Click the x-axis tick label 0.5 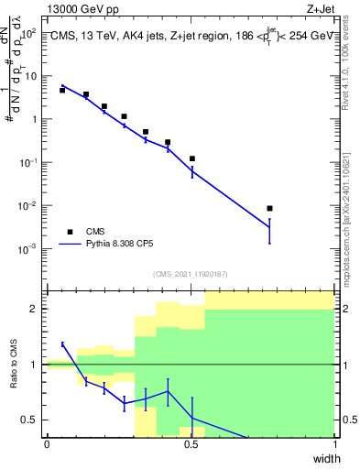click(191, 445)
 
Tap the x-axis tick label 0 click(47, 445)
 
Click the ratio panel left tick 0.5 click(32, 420)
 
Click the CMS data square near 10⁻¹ click(192, 158)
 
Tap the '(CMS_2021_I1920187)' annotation click(191, 274)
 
